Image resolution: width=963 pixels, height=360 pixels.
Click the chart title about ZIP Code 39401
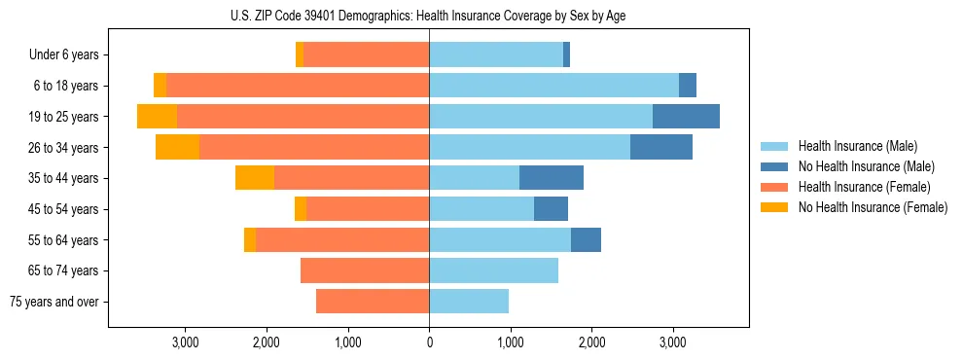pos(428,16)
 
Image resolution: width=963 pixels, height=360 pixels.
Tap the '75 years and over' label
pos(54,302)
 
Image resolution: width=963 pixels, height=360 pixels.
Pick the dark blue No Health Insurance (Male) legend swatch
pos(774,167)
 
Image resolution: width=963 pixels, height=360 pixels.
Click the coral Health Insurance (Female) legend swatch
pos(774,187)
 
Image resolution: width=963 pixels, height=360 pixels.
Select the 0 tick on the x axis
pos(429,342)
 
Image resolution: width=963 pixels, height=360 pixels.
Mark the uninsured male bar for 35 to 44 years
pos(552,178)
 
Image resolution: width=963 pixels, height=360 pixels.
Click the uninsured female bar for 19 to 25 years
pos(157,117)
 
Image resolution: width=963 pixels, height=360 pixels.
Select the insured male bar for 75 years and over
pos(469,302)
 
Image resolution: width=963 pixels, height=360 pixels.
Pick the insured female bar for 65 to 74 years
pos(365,270)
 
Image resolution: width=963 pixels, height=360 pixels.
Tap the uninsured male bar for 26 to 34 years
pos(661,147)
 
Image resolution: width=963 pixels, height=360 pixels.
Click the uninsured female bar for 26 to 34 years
pos(177,147)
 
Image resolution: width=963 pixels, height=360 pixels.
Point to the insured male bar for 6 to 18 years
pos(553,86)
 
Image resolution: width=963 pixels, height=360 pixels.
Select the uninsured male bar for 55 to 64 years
pos(586,239)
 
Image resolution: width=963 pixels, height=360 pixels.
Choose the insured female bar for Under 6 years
pos(366,55)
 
